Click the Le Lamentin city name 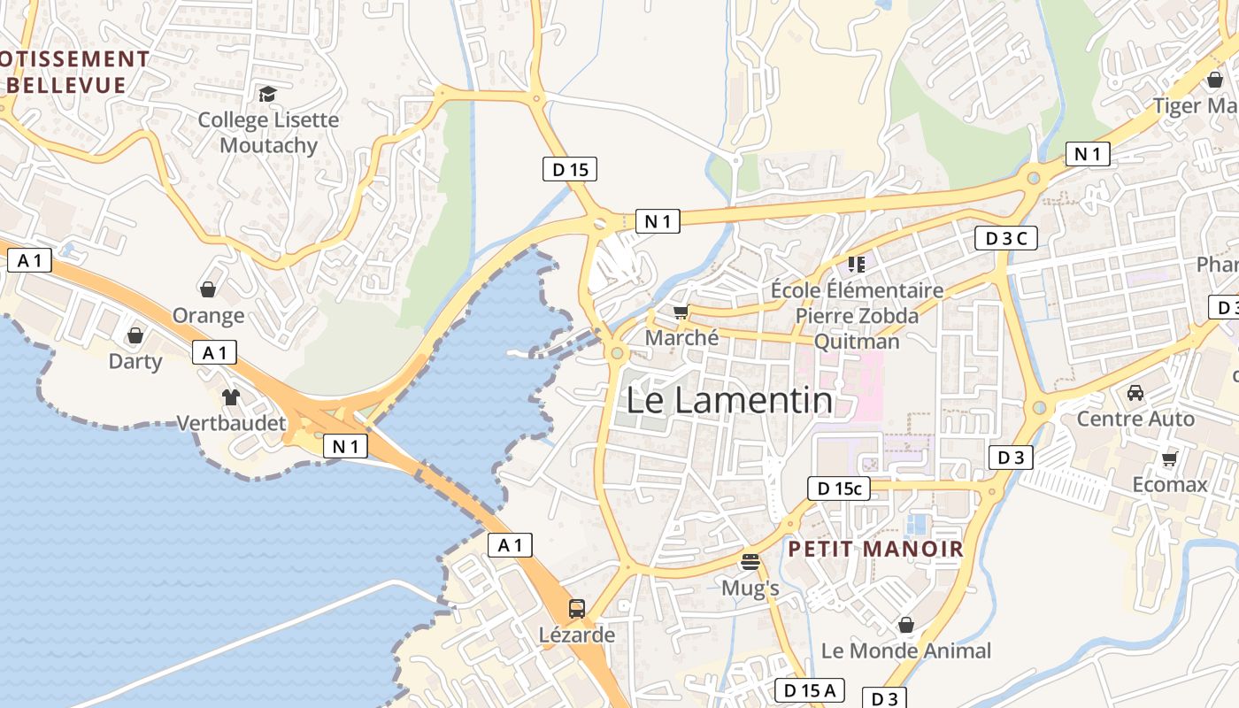point(729,401)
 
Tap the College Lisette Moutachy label point(268,132)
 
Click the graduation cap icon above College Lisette point(266,93)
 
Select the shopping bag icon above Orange point(208,289)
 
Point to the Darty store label point(135,361)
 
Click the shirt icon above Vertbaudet point(231,397)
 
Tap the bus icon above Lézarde point(576,609)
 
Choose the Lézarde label point(576,635)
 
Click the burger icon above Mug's point(750,561)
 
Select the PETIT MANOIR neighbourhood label point(875,549)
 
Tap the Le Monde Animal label point(906,650)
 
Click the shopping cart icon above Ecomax point(1170,458)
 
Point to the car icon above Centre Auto point(1135,392)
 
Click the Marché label point(681,337)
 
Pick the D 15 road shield point(569,168)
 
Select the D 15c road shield point(838,488)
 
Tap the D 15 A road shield point(810,690)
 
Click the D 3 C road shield point(1005,237)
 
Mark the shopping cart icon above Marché point(681,312)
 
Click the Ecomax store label point(1170,484)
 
